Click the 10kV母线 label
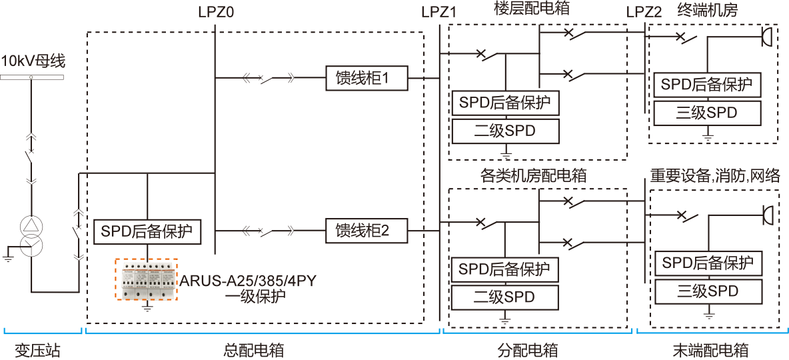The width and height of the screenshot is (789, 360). [33, 62]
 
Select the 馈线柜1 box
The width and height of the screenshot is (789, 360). [366, 79]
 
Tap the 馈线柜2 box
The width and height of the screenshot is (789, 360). [366, 231]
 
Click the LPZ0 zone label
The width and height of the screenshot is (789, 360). [216, 12]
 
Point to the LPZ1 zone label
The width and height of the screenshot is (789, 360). [439, 12]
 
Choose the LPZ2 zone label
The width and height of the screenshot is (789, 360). [644, 12]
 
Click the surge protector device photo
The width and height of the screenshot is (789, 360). [147, 280]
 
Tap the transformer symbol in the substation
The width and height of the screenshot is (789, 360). [30, 236]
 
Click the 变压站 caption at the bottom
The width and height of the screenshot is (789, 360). [34, 350]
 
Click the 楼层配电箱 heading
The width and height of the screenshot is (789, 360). [531, 9]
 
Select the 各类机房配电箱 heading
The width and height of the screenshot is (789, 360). [533, 176]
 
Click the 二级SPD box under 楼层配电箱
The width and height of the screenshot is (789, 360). [504, 131]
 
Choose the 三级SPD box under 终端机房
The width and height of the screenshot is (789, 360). [707, 113]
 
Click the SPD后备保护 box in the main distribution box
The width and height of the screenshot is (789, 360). [147, 231]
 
